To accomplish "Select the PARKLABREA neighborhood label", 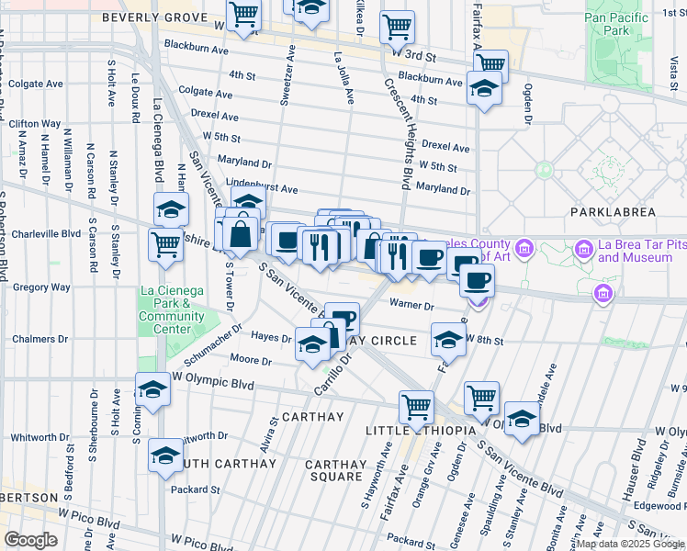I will pos(613,212).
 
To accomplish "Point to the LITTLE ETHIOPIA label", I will pos(420,431).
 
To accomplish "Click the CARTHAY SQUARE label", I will pos(335,470).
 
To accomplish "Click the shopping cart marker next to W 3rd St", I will pos(397,28).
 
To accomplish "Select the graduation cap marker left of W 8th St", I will pos(447,340).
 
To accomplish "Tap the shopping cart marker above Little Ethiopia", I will pos(416,406).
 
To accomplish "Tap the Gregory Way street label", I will pos(42,287).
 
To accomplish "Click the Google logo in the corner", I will pos(30,540).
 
